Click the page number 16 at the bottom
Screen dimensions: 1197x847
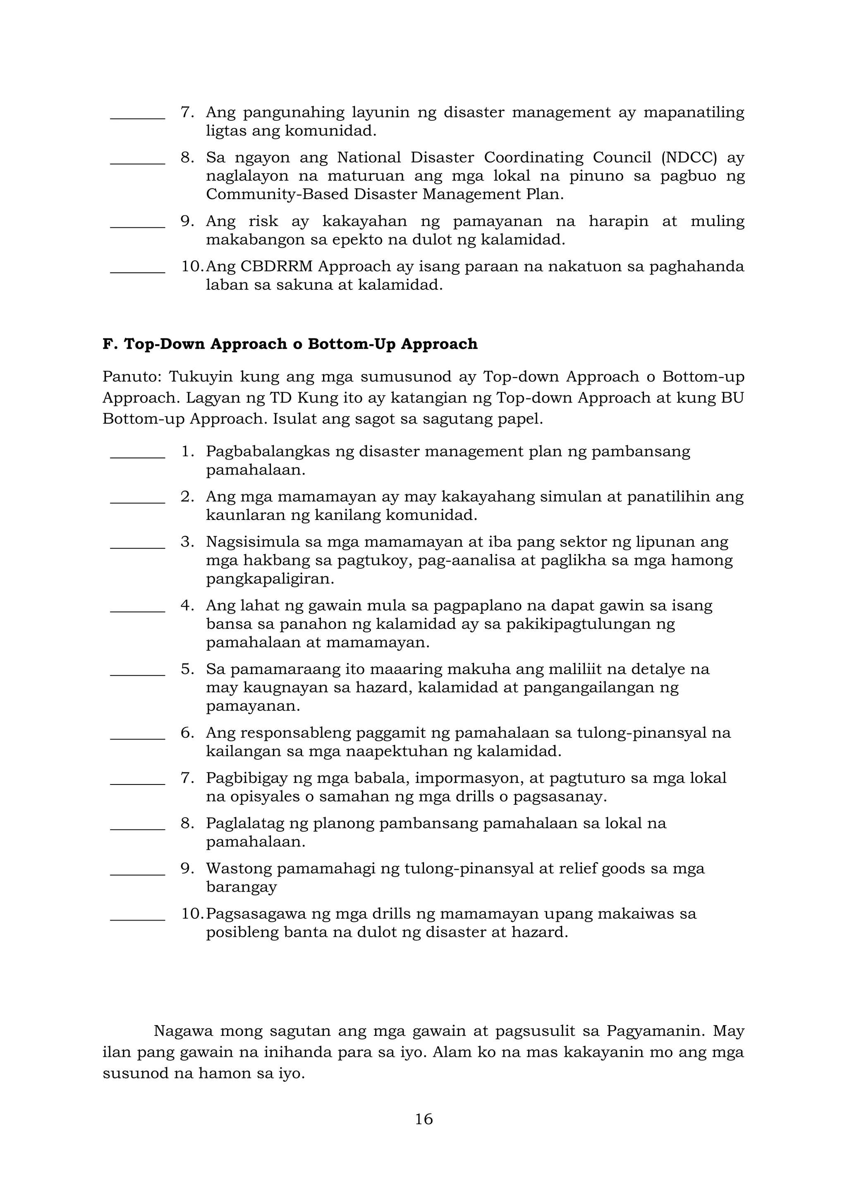(x=423, y=1119)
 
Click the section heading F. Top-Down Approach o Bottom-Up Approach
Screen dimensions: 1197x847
(x=290, y=344)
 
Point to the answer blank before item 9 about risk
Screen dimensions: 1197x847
(x=138, y=226)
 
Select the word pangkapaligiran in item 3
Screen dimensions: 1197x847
(x=270, y=579)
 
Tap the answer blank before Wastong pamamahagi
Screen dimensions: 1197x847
(x=138, y=874)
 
